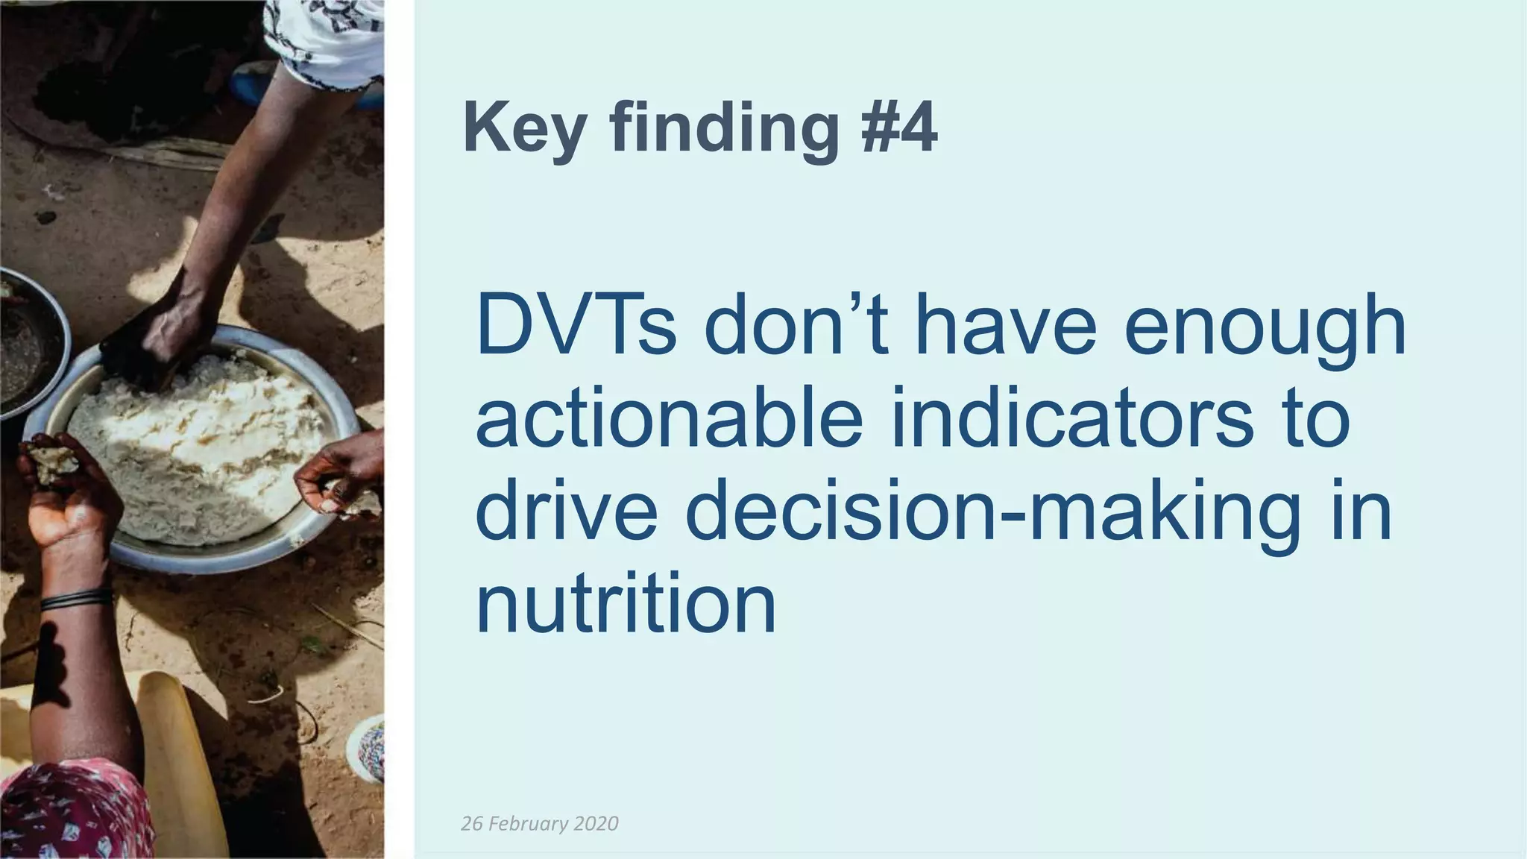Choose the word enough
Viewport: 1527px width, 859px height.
tap(1265, 328)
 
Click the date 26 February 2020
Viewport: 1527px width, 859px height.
tap(540, 823)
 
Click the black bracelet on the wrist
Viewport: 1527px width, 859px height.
tap(75, 598)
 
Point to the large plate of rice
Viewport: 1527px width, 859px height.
tap(201, 447)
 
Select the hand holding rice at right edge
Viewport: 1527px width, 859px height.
tap(339, 481)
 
